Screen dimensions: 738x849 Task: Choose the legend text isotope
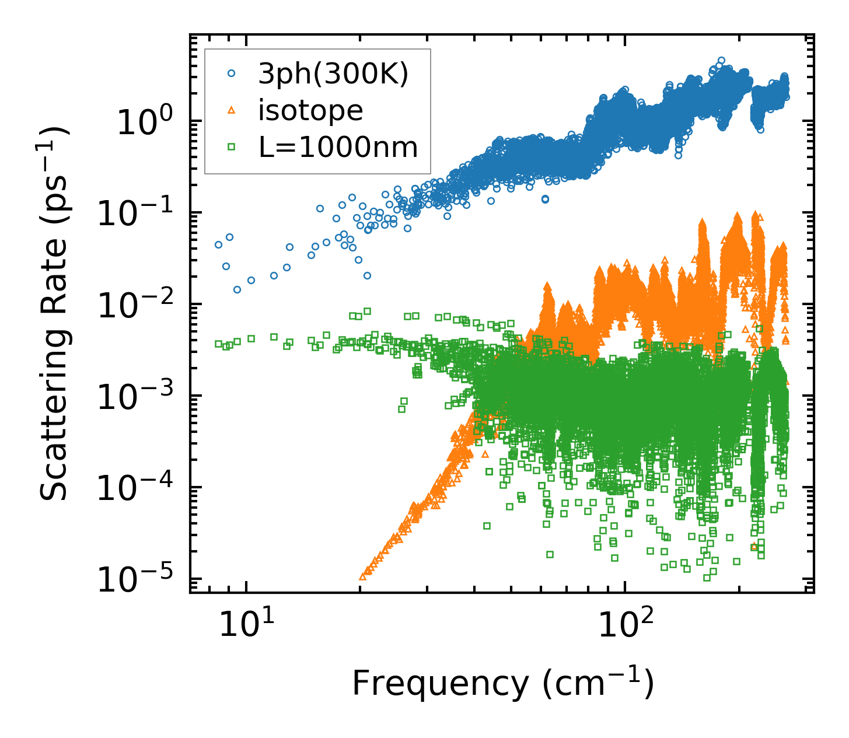(310, 110)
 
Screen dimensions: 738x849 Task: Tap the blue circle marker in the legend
(231, 74)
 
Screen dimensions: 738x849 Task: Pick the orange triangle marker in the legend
(231, 110)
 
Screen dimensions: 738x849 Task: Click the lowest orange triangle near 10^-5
(362, 576)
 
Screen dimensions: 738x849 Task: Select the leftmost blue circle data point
(218, 244)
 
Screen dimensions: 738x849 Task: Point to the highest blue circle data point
(721, 60)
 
